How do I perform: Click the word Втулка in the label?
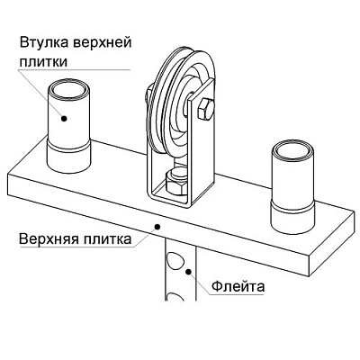click(x=44, y=42)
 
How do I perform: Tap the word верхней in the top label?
click(x=103, y=42)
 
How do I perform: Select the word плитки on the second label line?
click(x=43, y=62)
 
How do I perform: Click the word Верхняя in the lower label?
click(x=49, y=239)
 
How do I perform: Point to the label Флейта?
click(x=238, y=286)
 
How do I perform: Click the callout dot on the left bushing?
click(x=64, y=119)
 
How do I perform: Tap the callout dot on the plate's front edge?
click(x=157, y=227)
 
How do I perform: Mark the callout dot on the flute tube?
click(x=188, y=272)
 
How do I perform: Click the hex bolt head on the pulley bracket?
click(x=206, y=110)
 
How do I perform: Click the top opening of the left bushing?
click(x=69, y=89)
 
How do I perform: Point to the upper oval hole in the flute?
click(x=175, y=260)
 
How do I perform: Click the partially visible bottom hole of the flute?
click(x=175, y=297)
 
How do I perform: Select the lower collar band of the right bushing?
click(x=292, y=218)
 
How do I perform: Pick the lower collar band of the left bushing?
click(x=69, y=156)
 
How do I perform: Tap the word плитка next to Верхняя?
click(x=107, y=239)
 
